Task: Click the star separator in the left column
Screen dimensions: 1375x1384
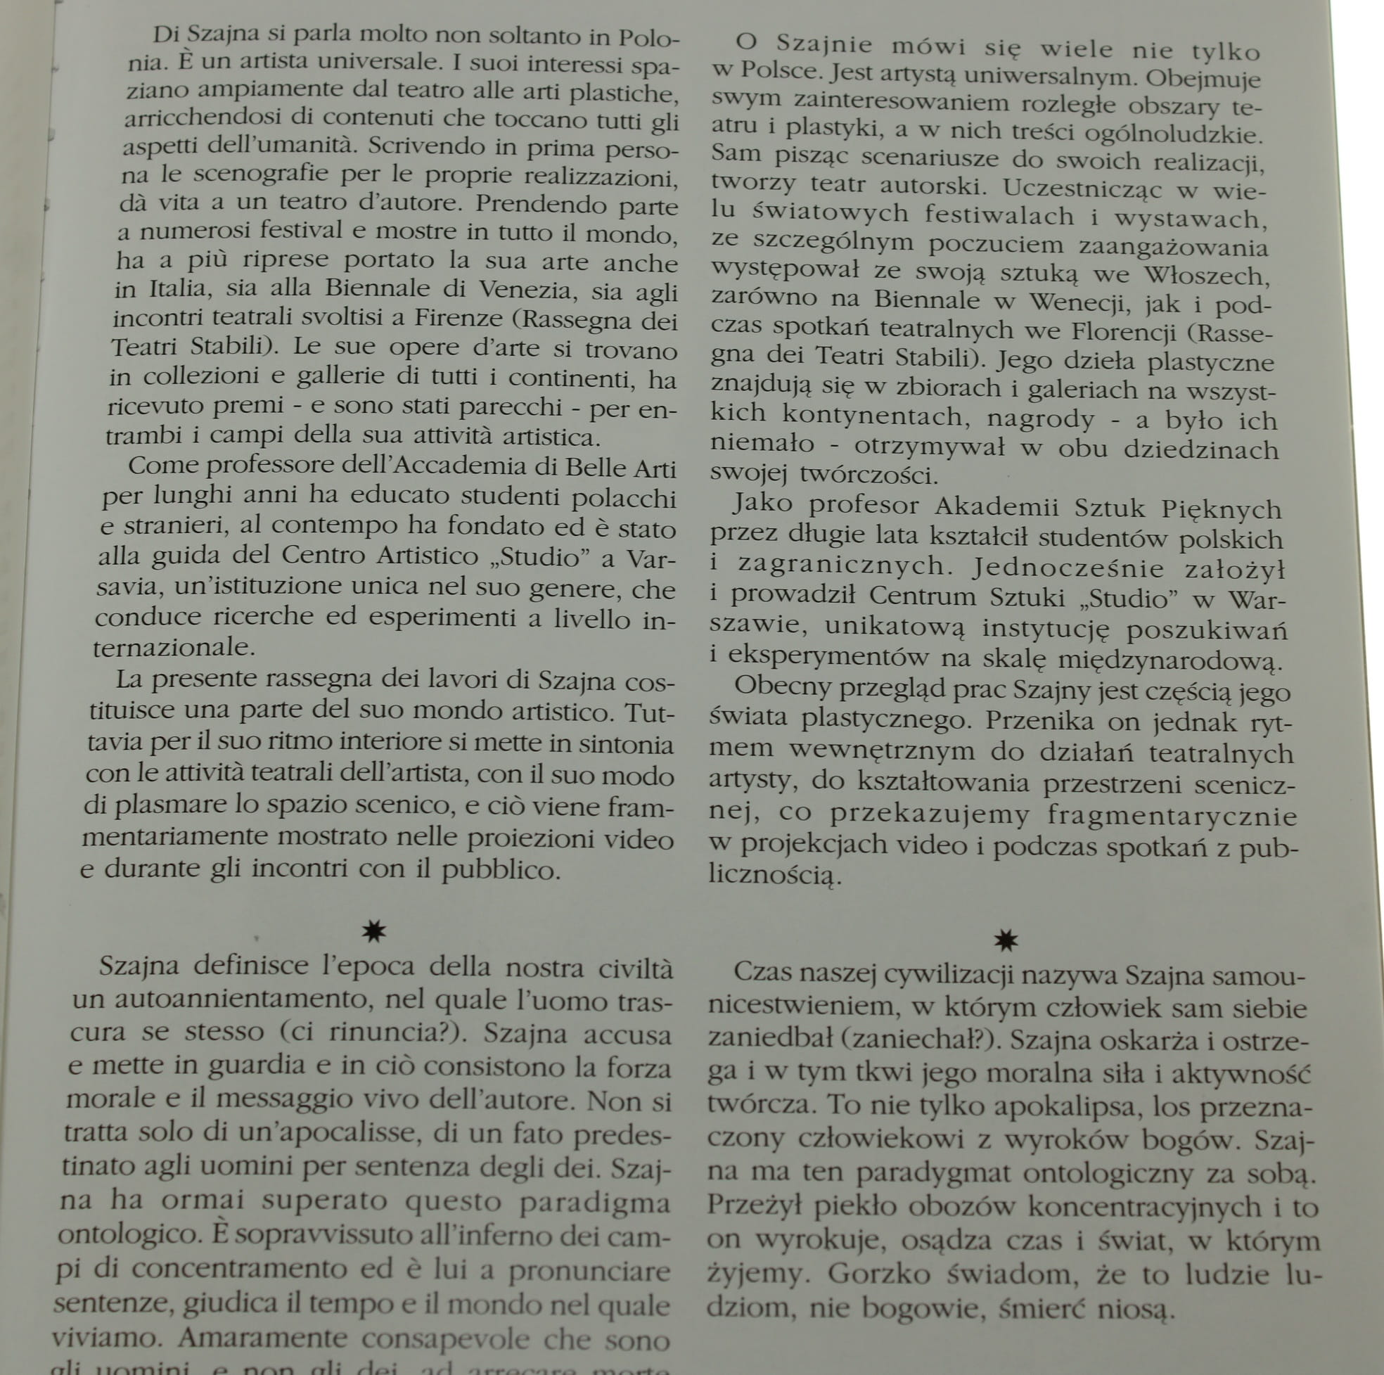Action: (374, 931)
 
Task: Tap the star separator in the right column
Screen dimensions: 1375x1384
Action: (1006, 941)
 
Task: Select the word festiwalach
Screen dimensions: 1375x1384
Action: (999, 215)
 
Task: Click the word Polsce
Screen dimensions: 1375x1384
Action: (781, 71)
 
